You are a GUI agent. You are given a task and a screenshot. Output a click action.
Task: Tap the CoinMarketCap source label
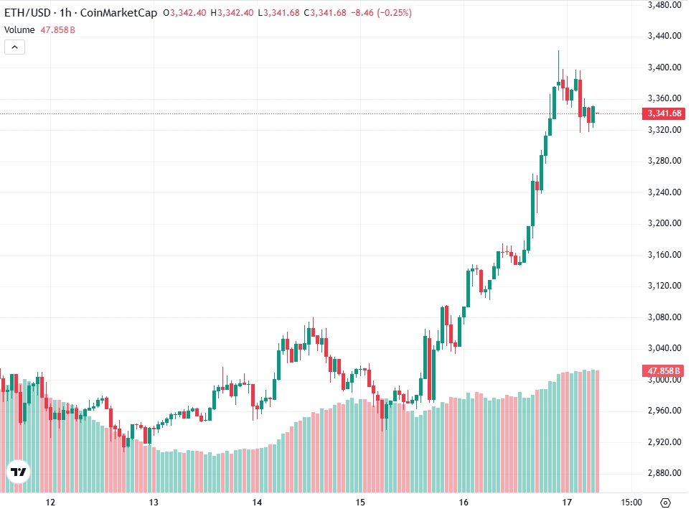point(120,13)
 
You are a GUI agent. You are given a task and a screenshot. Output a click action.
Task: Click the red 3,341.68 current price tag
point(664,113)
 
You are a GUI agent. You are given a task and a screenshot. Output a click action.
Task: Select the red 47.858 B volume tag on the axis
point(664,370)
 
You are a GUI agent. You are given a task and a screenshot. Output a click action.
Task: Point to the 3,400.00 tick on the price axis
point(664,67)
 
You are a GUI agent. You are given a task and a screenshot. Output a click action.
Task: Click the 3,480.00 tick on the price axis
point(664,5)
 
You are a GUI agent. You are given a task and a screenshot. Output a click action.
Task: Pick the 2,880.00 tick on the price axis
point(664,473)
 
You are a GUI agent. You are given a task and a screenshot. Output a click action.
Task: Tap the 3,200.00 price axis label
point(664,223)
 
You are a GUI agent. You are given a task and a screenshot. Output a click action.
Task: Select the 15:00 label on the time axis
point(631,502)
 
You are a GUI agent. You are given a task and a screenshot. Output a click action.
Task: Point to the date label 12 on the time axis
point(50,502)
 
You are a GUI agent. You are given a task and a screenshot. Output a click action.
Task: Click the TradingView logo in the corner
point(18,472)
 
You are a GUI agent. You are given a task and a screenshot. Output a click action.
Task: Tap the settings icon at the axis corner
point(665,502)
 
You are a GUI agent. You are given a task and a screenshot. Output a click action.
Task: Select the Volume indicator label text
point(19,30)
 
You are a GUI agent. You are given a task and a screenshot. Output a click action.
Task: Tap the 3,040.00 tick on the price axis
point(664,348)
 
